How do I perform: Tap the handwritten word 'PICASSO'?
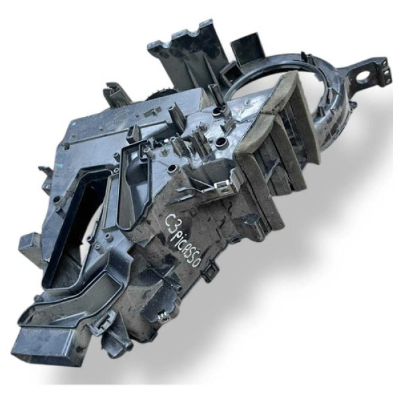pos(187,245)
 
